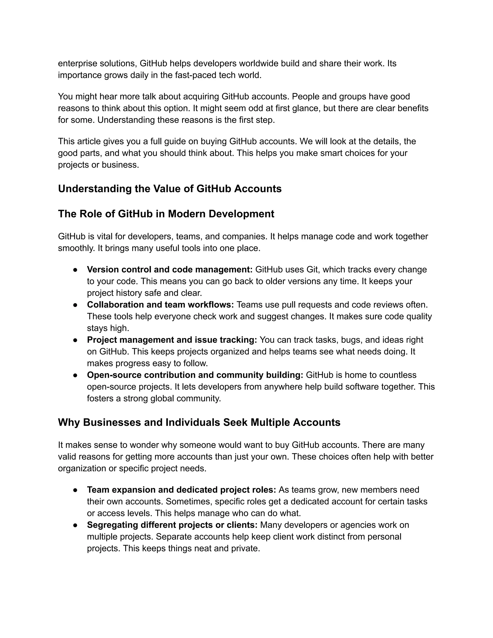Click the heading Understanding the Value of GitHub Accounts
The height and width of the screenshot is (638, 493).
pos(170,189)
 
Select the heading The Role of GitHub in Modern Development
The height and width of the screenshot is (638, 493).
pos(166,214)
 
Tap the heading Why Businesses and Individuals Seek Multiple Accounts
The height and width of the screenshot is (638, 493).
pos(199,423)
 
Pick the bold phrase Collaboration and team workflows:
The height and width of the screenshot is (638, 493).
pos(160,305)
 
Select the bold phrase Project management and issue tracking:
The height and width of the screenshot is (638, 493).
pos(172,340)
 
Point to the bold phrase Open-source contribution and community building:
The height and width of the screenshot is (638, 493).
pos(195,375)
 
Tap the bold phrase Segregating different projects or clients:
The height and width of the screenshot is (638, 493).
pos(172,525)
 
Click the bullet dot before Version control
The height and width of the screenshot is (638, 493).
pos(75,270)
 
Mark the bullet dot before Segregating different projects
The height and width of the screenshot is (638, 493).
pos(75,525)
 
